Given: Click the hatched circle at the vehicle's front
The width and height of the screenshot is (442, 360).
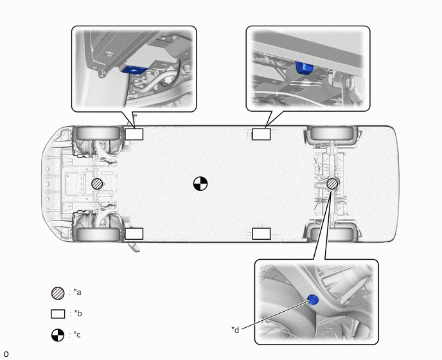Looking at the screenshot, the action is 97,184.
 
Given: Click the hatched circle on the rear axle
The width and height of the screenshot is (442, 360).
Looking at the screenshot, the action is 332,184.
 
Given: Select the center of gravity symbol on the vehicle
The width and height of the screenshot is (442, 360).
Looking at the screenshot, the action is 200,184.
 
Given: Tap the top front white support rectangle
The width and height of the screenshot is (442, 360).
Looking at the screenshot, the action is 134,134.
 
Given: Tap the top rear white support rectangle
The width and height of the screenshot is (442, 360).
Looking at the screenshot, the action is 261,134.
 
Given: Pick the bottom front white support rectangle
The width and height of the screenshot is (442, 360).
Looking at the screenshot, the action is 134,233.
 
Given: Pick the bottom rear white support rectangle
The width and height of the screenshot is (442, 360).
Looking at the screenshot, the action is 261,233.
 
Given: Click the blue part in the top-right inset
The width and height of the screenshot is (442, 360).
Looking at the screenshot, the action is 304,68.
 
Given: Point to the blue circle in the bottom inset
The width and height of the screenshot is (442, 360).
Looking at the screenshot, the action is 313,300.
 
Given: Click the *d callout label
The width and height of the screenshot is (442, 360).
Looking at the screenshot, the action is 235,330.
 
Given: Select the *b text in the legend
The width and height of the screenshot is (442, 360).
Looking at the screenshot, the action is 78,314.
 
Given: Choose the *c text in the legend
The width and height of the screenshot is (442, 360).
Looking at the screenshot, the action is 77,335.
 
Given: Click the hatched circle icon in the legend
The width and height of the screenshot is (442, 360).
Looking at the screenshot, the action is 58,293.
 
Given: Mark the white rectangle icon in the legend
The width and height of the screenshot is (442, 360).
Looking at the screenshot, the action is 58,314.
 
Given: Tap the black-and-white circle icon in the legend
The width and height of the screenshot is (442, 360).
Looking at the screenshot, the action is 58,335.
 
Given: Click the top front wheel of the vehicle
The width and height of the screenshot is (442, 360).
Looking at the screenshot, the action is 98,133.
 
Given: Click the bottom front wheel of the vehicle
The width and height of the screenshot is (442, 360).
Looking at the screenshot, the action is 98,235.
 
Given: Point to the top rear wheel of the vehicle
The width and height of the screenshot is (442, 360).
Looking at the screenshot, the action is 331,133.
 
